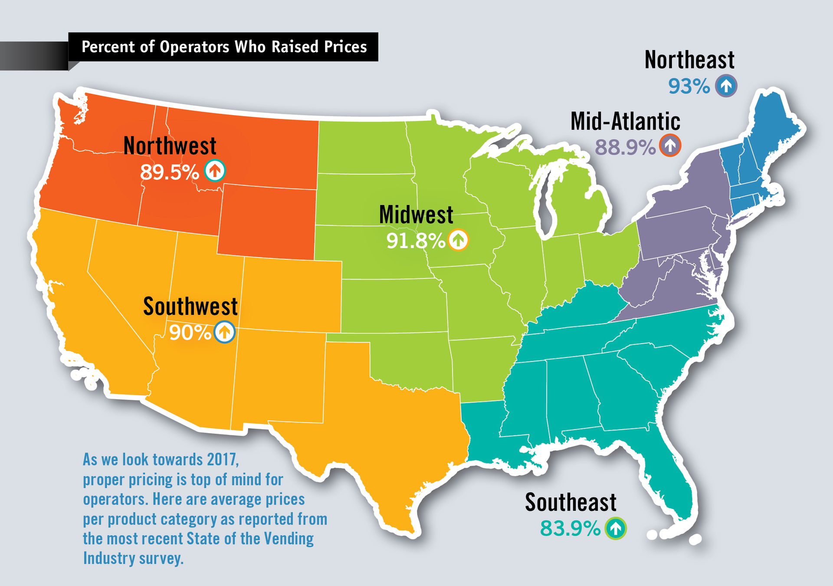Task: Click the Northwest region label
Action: (170, 146)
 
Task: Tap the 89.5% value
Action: (169, 172)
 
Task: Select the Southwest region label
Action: (190, 307)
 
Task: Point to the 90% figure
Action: (190, 333)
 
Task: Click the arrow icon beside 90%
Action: (224, 332)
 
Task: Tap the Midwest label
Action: (416, 215)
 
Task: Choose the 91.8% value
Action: (416, 241)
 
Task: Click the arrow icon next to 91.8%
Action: (458, 240)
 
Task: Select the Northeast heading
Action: (689, 60)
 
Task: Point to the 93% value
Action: (689, 86)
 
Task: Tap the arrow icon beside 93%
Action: (726, 86)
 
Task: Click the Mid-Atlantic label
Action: (625, 121)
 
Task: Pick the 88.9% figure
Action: (625, 147)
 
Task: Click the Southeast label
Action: (571, 503)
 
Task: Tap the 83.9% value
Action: (570, 529)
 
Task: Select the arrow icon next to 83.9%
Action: (616, 528)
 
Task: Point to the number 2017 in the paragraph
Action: (222, 460)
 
